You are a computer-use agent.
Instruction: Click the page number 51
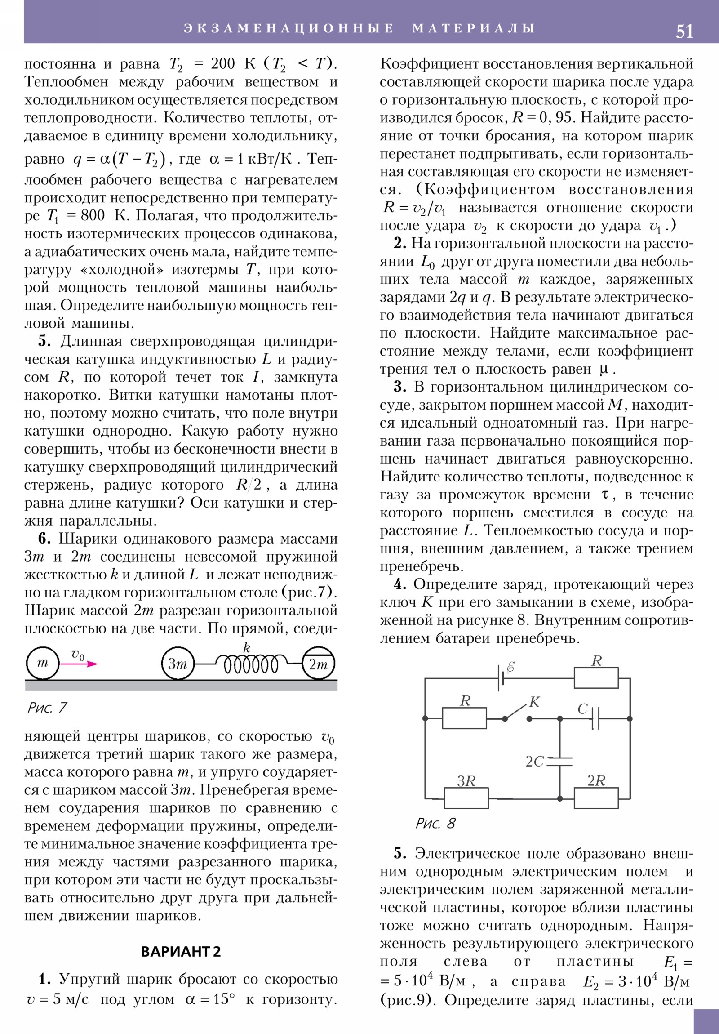(684, 31)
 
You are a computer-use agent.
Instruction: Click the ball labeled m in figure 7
(42, 663)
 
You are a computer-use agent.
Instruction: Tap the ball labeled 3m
(178, 664)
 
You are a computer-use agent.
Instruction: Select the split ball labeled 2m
(318, 664)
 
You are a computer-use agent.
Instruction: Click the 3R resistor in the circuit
(466, 798)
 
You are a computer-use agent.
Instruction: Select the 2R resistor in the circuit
(596, 798)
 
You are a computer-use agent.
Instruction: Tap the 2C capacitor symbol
(559, 761)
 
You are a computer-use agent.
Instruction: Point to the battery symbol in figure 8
(500, 678)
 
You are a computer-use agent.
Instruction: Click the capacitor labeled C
(595, 718)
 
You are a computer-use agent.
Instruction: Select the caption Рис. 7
(47, 708)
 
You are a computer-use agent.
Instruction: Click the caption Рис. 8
(435, 823)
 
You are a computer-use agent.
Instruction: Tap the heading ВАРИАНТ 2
(181, 952)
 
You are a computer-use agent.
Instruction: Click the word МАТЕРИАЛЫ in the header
(473, 28)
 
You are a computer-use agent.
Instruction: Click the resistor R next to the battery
(596, 678)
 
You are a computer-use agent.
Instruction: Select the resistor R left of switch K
(464, 718)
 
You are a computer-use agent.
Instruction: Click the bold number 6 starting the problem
(44, 539)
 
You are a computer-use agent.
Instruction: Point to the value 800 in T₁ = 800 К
(93, 215)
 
